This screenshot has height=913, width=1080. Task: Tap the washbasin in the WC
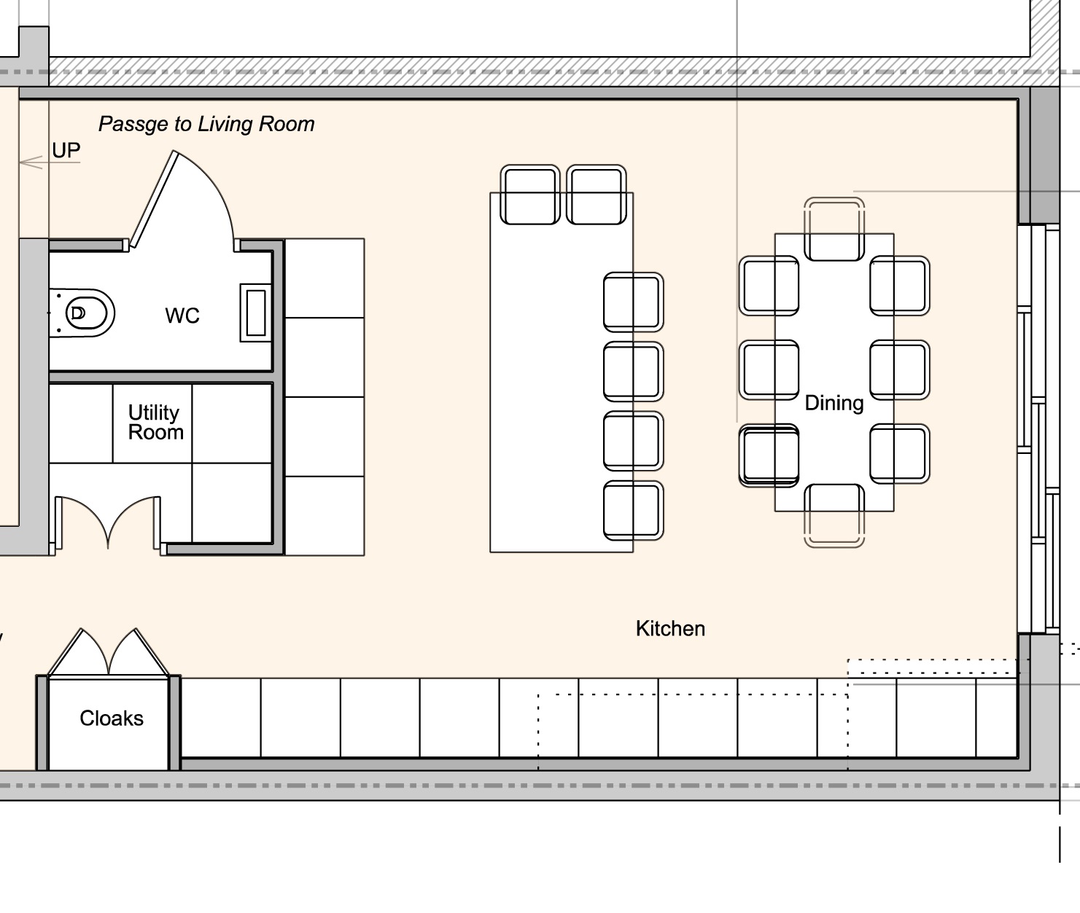tap(255, 313)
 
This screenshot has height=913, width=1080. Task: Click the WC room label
tap(182, 316)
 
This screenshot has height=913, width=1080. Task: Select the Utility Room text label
tap(155, 423)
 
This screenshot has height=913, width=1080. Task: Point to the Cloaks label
tap(112, 718)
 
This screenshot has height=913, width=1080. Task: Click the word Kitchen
tap(670, 629)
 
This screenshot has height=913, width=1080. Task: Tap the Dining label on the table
tap(834, 403)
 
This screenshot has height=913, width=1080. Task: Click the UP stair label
tap(66, 151)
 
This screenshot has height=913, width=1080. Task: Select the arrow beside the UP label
tap(33, 162)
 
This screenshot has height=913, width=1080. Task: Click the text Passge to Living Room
tap(206, 125)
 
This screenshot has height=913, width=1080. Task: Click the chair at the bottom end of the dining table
tap(834, 516)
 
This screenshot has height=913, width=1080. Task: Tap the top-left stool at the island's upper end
tap(530, 195)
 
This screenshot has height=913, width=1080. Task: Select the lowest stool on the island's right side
tap(633, 511)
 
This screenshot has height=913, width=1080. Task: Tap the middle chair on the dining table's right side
tap(900, 370)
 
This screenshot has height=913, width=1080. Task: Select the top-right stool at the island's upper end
tap(597, 195)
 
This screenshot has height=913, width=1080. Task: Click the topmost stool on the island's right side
tap(633, 302)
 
